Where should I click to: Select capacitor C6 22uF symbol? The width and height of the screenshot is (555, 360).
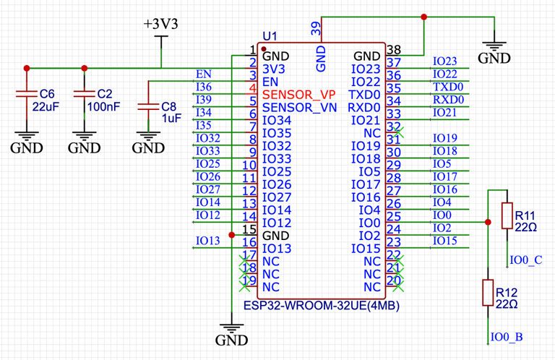point(27,94)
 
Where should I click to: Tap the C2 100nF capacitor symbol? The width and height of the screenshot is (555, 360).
point(85,94)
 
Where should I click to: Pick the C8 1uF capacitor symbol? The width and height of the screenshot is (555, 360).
point(147,106)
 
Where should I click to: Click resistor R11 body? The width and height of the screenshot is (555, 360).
point(507,215)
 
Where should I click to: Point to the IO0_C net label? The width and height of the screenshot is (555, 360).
point(525,260)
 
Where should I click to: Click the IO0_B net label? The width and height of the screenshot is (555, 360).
point(507,337)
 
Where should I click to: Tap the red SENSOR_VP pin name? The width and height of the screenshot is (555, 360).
point(298,95)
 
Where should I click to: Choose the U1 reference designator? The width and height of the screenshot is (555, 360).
point(270,36)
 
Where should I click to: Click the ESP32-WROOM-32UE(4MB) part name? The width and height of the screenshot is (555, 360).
point(321,306)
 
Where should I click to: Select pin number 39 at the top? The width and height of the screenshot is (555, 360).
point(316,28)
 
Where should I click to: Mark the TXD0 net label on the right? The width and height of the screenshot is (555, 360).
point(448,87)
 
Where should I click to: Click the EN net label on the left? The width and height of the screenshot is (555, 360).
point(204,74)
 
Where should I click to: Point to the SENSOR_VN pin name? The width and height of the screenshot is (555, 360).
point(298,108)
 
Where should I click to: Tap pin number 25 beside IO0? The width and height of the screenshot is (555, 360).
point(394,216)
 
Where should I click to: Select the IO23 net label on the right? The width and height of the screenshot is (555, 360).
point(444,61)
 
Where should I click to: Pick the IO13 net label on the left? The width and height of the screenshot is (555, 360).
point(207,241)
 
